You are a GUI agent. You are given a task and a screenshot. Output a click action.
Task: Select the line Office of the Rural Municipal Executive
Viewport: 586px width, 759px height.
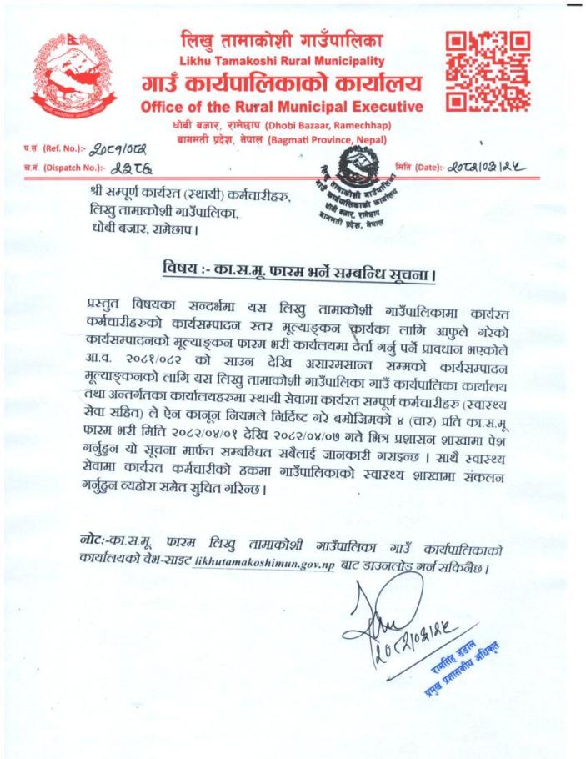point(281,107)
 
